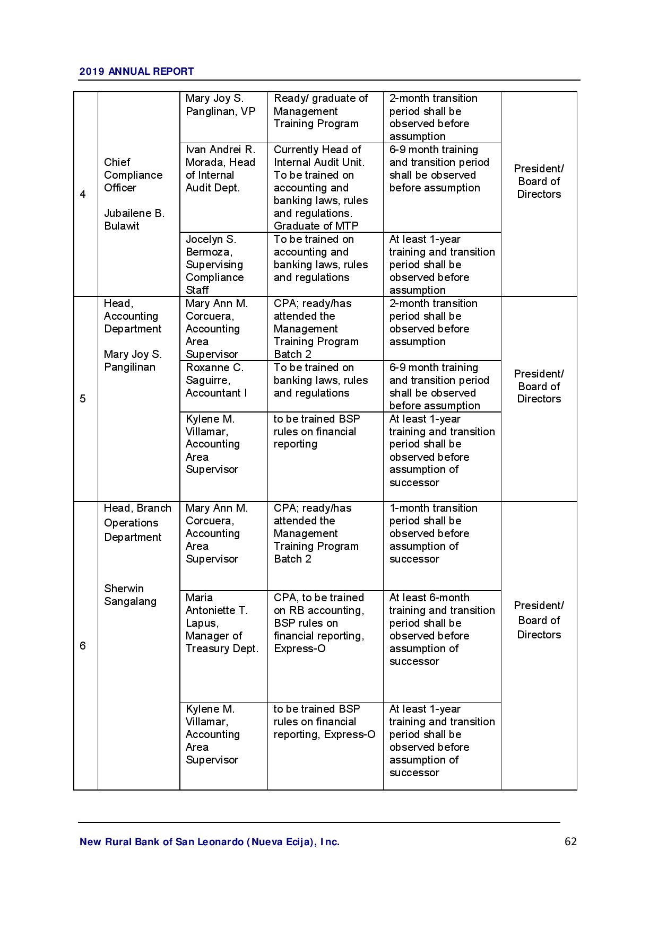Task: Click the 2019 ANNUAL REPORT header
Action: coord(136,72)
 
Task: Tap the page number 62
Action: coord(570,841)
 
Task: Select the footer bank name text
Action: coord(210,842)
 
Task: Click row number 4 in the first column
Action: coord(83,194)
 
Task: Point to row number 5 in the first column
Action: coord(83,399)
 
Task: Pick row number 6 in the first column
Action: coord(83,645)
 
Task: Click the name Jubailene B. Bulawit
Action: coord(134,220)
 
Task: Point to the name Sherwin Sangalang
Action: coord(130,595)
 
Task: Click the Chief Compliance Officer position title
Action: coord(133,175)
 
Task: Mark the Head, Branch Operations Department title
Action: coord(137,522)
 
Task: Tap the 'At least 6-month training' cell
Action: coord(441,629)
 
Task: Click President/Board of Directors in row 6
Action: coord(539,620)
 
